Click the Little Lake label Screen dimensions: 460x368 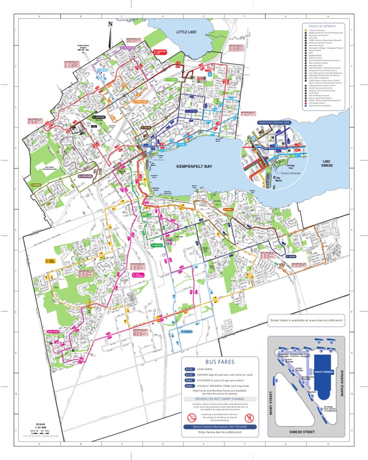pyautogui.click(x=187, y=32)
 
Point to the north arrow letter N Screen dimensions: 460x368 pyautogui.click(x=110, y=24)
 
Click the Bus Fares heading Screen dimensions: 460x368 pyautogui.click(x=219, y=362)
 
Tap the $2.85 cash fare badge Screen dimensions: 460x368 pyautogui.click(x=189, y=369)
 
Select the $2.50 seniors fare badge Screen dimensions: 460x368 pyautogui.click(x=189, y=375)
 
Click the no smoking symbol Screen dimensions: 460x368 pyautogui.click(x=191, y=417)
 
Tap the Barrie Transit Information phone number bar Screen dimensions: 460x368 pyautogui.click(x=219, y=426)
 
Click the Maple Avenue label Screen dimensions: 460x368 pyautogui.click(x=342, y=382)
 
